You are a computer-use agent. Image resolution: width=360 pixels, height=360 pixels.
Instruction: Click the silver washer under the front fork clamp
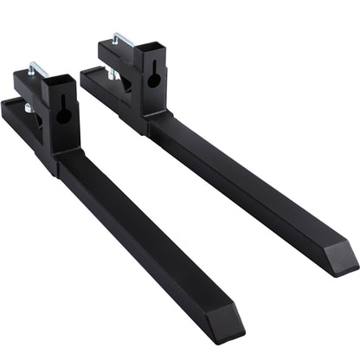tap(28, 107)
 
